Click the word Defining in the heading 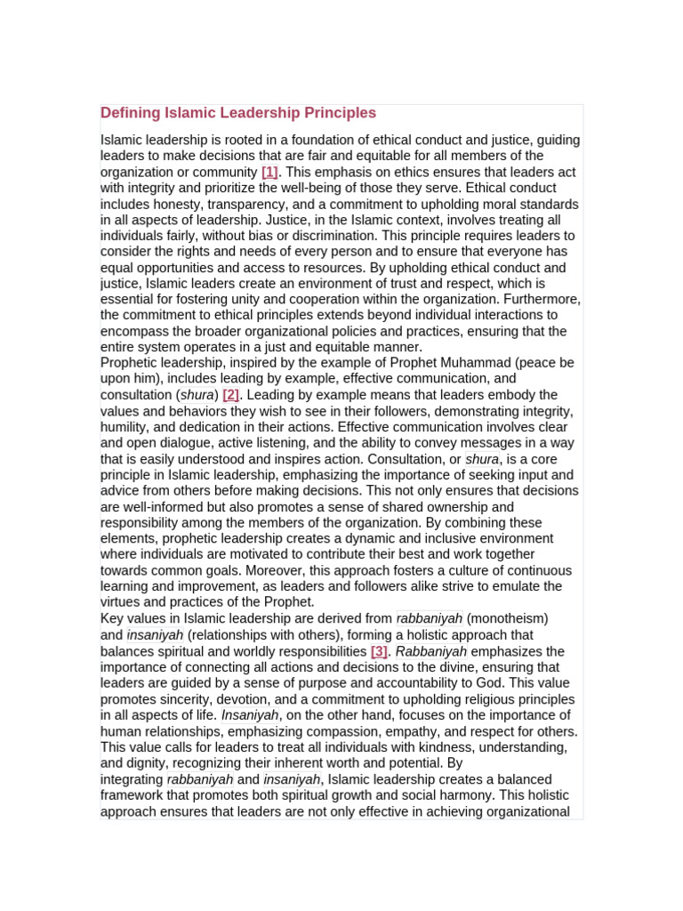(x=129, y=113)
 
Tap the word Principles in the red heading (x=341, y=113)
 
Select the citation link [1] (x=269, y=172)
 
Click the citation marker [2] (x=231, y=394)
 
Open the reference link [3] (x=380, y=651)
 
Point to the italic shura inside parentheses (x=197, y=394)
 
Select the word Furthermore (x=543, y=299)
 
